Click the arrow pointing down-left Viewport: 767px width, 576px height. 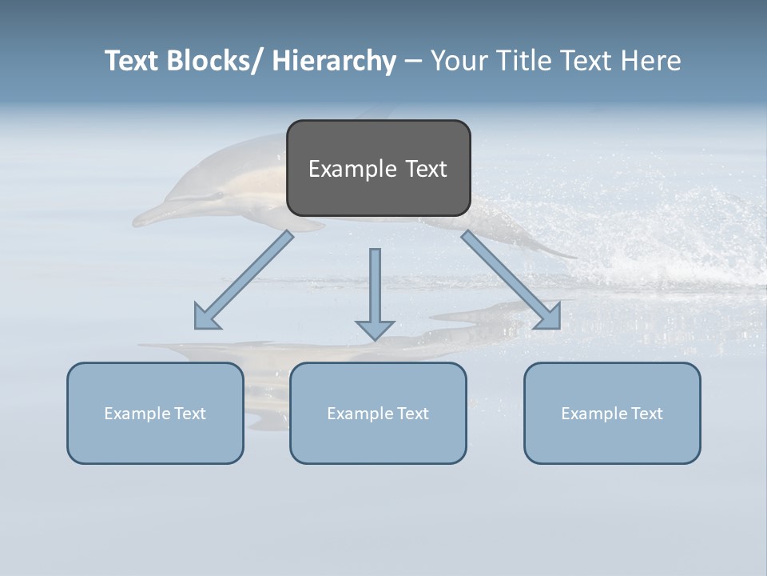[x=244, y=280]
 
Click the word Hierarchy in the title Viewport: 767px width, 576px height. [x=334, y=61]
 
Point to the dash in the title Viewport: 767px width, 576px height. [x=413, y=62]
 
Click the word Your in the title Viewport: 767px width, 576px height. [x=459, y=61]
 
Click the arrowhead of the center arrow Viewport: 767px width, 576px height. [x=375, y=329]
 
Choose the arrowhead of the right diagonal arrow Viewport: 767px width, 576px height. [x=548, y=318]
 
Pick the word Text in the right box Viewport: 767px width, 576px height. [x=646, y=414]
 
